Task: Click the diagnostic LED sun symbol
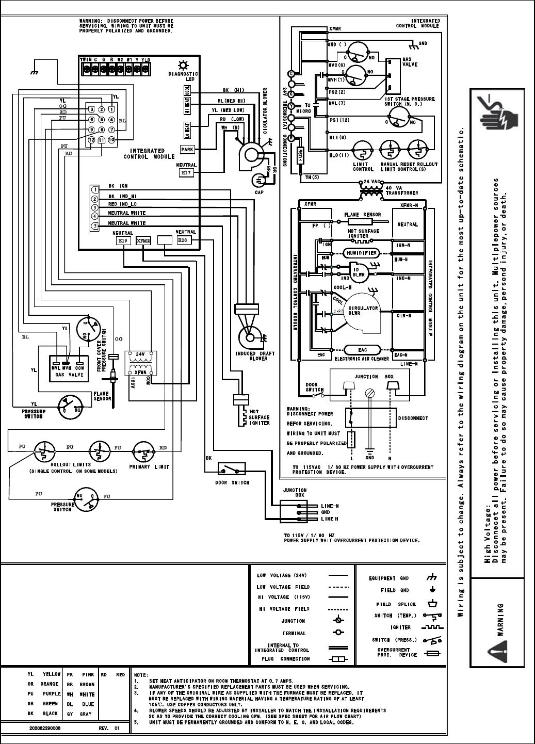click(x=182, y=65)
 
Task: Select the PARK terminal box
click(x=187, y=149)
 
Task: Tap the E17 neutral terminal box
click(x=186, y=173)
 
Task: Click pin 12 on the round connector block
click(x=91, y=140)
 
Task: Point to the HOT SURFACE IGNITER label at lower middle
click(x=259, y=417)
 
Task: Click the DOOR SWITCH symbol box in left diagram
click(x=232, y=468)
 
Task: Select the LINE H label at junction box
click(x=330, y=519)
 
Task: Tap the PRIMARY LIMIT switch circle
click(x=144, y=451)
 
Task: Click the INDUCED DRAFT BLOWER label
click(x=255, y=355)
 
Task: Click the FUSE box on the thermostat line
click(x=301, y=155)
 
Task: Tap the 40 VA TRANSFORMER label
click(x=402, y=190)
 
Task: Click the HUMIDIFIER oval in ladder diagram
click(x=362, y=253)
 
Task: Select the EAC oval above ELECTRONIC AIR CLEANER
click(x=362, y=350)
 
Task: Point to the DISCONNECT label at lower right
click(x=413, y=418)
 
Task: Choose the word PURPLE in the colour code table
click(x=50, y=694)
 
